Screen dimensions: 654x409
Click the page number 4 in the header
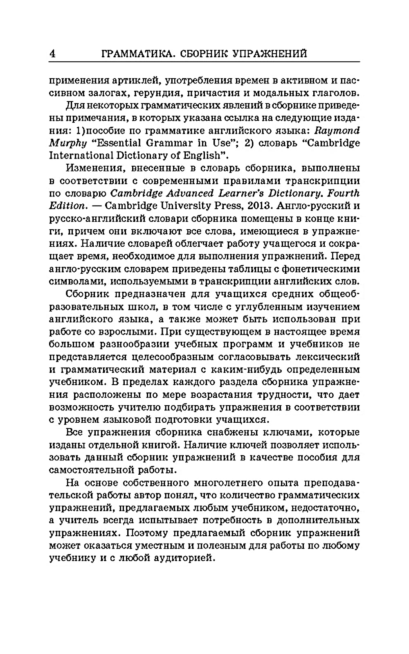click(52, 54)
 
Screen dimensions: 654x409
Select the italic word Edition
click(66, 205)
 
